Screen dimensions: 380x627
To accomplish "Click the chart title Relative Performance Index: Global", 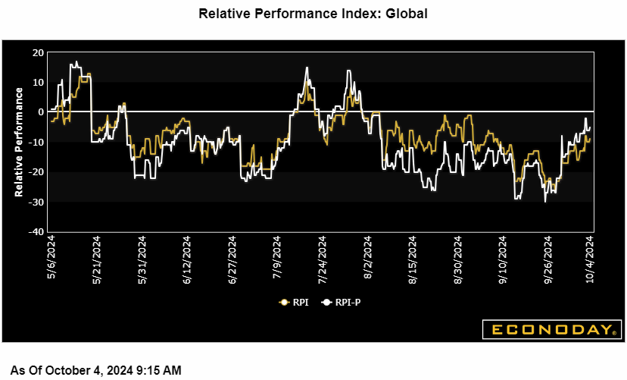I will pos(313,14).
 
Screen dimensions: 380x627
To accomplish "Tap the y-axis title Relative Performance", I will pos(20,142).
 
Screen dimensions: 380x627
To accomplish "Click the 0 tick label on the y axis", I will pos(41,112).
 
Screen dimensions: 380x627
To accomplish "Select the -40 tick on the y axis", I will pos(36,232).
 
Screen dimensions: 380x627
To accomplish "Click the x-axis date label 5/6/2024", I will pos(51,257).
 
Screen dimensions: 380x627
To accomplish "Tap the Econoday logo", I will pos(550,329).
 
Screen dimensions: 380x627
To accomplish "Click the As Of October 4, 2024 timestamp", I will pos(95,370).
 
